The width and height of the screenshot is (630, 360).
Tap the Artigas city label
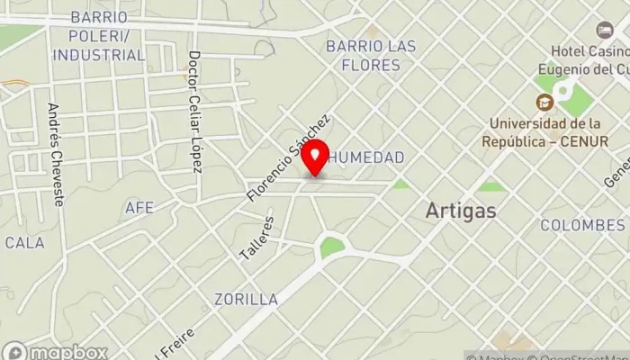pyautogui.click(x=461, y=211)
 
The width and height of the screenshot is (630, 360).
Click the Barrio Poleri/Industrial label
pyautogui.click(x=98, y=36)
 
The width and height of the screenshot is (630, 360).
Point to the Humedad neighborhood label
pyautogui.click(x=366, y=157)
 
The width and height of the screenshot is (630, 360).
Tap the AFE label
pyautogui.click(x=139, y=208)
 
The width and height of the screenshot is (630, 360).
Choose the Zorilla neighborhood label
pyautogui.click(x=246, y=299)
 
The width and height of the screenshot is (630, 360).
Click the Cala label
pyautogui.click(x=24, y=243)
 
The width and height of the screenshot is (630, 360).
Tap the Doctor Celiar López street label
pyautogui.click(x=194, y=112)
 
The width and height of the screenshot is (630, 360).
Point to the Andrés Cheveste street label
pyautogui.click(x=56, y=154)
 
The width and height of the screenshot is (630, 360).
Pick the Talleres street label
pyautogui.click(x=256, y=238)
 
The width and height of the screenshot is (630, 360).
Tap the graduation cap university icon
pyautogui.click(x=544, y=104)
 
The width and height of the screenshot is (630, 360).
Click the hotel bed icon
pyautogui.click(x=605, y=30)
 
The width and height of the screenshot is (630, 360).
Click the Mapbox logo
pyautogui.click(x=56, y=352)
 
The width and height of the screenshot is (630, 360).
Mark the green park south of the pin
pyautogui.click(x=332, y=246)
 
